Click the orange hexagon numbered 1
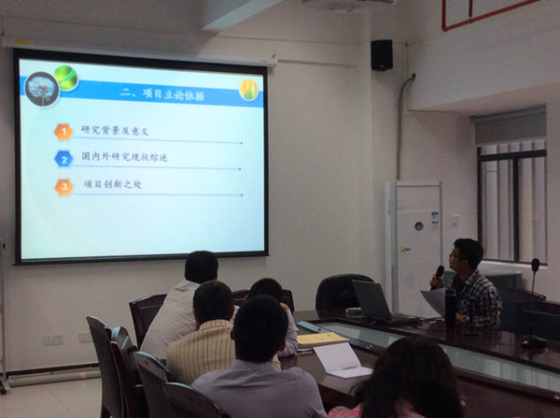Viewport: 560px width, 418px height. pos(63,132)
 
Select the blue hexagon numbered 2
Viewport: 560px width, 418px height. pos(63,159)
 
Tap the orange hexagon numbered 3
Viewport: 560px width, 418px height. pos(63,187)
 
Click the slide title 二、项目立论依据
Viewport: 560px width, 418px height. pos(161,94)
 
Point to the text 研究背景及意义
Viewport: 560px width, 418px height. pos(114,131)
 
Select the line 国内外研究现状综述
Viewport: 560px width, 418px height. pos(124,157)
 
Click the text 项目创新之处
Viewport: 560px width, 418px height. pos(112,184)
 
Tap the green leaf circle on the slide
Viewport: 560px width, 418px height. pos(66,78)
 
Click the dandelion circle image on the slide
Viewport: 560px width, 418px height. pos(42,90)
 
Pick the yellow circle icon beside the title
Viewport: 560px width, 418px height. pos(248,90)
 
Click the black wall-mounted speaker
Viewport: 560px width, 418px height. pos(382,55)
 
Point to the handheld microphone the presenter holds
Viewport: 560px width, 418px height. pos(437,276)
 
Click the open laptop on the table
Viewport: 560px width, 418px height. pos(382,301)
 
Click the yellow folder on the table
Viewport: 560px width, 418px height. pos(321,339)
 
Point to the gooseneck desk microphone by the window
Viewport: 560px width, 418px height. pos(536,279)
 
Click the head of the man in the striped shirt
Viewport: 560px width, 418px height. pos(213,302)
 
